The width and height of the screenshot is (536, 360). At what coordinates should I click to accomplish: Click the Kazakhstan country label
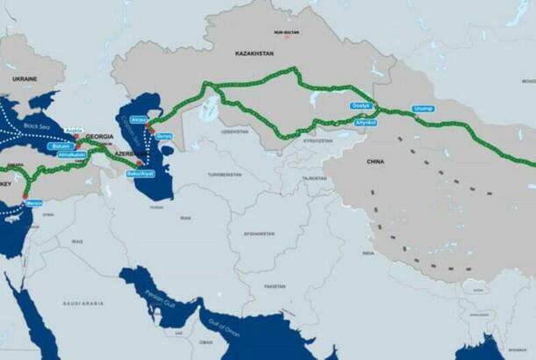tap(254, 54)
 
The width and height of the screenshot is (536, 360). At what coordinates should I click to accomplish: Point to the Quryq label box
tap(164, 136)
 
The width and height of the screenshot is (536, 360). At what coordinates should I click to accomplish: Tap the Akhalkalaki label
tap(72, 154)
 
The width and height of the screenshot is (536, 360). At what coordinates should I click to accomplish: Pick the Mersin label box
tap(34, 203)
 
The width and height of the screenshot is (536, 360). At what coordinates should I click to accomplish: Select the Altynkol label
tap(366, 122)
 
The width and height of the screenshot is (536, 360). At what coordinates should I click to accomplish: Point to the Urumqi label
tap(423, 108)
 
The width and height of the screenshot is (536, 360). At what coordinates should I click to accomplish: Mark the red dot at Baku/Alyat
tap(139, 163)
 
